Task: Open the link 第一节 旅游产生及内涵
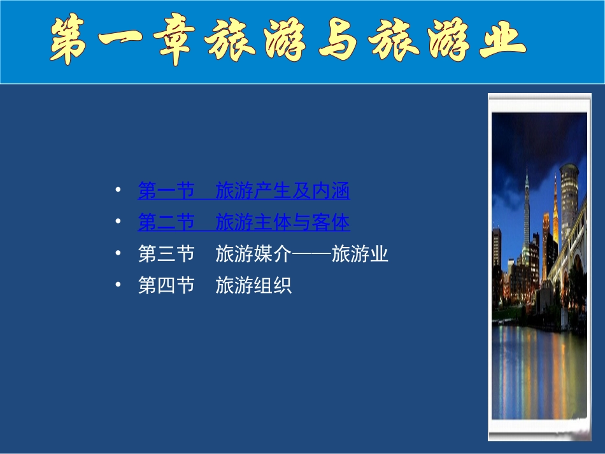(243, 191)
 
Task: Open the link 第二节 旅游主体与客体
(243, 223)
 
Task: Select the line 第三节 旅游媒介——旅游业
(262, 255)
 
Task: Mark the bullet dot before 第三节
(118, 253)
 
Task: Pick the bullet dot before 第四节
(118, 285)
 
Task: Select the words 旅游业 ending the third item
(360, 255)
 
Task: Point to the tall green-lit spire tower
(527, 210)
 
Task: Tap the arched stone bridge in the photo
(570, 267)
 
